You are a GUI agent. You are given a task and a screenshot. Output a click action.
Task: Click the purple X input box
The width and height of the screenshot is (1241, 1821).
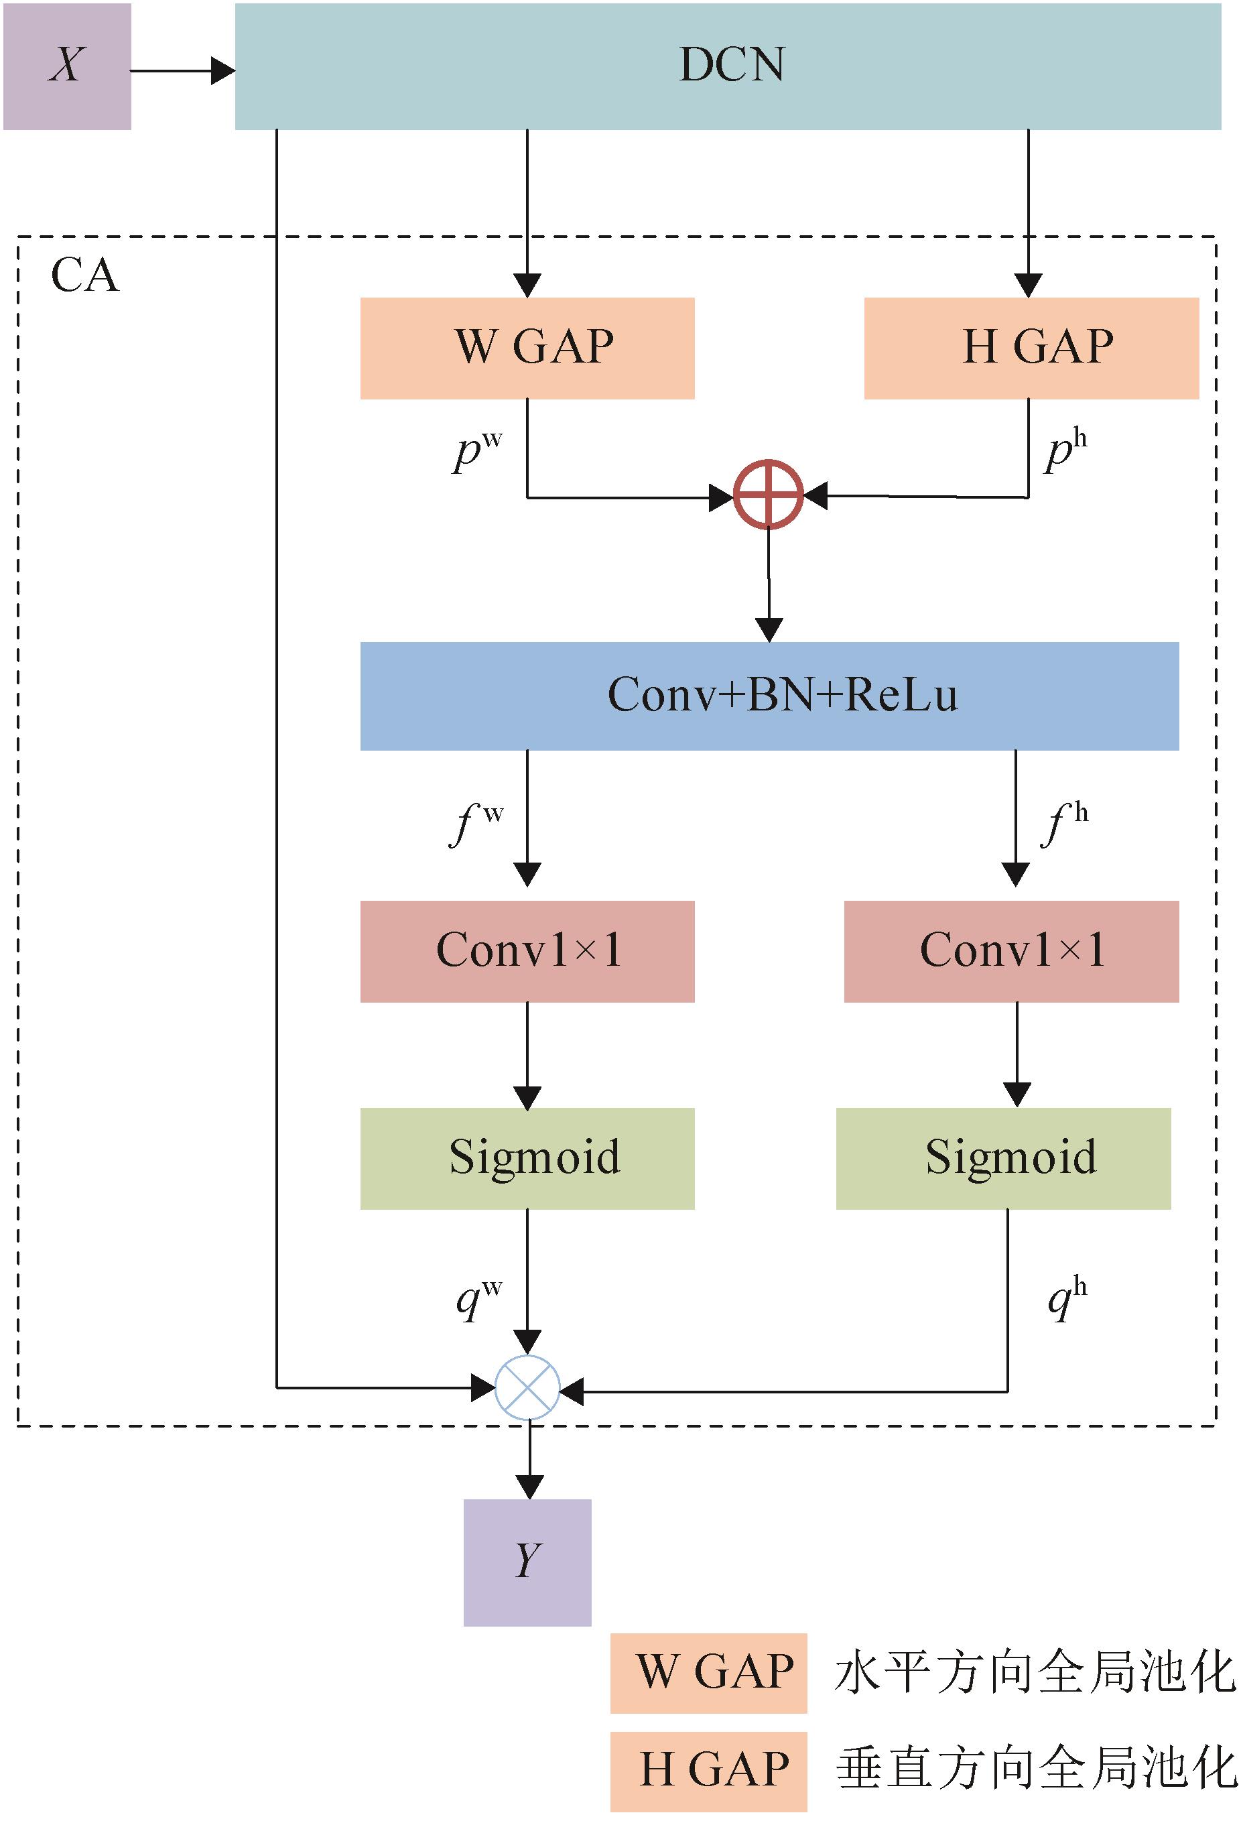68,66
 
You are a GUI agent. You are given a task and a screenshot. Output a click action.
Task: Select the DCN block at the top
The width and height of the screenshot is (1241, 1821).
728,66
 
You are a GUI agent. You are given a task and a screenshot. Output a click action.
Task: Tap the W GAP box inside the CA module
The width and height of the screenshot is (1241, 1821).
527,348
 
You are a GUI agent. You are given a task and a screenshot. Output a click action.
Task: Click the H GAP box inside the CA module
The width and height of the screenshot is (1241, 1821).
1031,348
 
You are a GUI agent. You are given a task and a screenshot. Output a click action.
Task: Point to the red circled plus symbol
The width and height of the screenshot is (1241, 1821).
769,495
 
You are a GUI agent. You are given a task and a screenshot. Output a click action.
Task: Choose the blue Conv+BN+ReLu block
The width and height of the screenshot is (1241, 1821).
769,696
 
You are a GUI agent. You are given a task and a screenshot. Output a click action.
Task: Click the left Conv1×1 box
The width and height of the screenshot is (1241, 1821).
527,951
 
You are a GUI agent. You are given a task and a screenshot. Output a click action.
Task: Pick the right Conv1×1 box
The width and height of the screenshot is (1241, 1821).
1011,951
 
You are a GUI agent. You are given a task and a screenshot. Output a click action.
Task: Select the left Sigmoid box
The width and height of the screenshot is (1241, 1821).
527,1158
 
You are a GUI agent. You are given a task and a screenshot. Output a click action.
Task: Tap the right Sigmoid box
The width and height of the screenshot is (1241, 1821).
1004,1158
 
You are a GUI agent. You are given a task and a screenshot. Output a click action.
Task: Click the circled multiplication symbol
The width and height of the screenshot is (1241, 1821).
528,1387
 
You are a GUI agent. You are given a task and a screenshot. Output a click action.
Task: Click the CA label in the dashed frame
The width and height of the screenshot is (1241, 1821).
84,276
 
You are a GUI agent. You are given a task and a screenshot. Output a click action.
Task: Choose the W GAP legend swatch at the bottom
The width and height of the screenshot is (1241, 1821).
708,1673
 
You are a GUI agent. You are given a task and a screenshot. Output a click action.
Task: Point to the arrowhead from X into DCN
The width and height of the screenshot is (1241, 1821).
223,71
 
